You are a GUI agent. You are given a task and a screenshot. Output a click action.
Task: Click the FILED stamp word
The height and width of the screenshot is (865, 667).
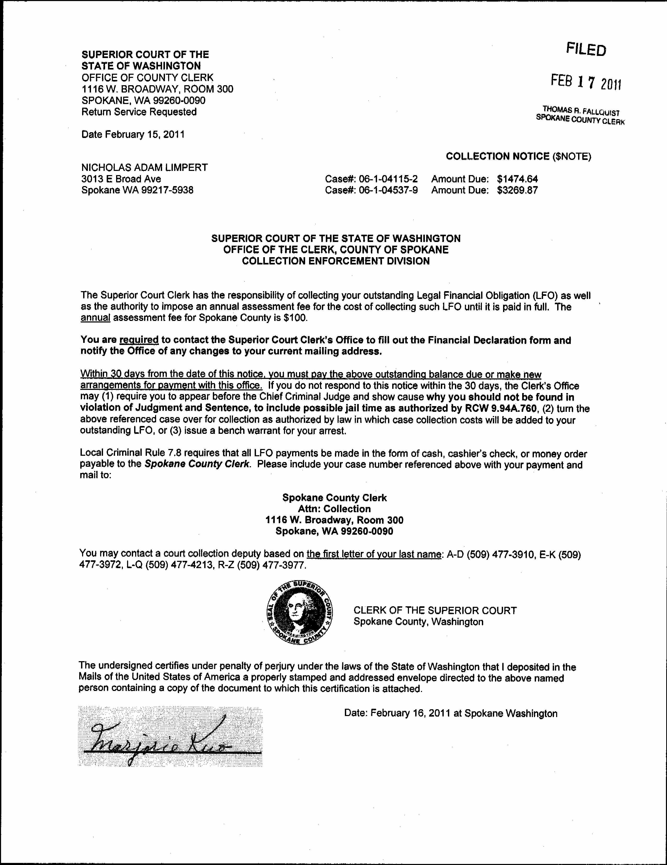pyautogui.click(x=586, y=49)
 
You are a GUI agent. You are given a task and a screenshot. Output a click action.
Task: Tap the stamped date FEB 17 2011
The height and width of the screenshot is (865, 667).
pyautogui.click(x=586, y=82)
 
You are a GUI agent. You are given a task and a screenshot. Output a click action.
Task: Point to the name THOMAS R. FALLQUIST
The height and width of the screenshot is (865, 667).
pyautogui.click(x=581, y=111)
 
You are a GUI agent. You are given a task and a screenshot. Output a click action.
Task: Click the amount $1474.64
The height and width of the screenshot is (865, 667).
pyautogui.click(x=517, y=179)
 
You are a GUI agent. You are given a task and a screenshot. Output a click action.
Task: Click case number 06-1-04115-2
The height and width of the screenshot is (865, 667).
pyautogui.click(x=388, y=179)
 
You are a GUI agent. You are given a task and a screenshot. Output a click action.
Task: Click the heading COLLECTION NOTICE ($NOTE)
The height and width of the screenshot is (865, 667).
pyautogui.click(x=518, y=157)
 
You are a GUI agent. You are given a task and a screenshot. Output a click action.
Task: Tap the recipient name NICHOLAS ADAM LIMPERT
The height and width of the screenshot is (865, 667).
pyautogui.click(x=144, y=168)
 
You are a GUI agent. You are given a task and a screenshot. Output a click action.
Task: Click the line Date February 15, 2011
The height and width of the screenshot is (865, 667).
pyautogui.click(x=133, y=134)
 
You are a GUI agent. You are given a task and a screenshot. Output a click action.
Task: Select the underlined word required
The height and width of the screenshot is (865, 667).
pyautogui.click(x=139, y=340)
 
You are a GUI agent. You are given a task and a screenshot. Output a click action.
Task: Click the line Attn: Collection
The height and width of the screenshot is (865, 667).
pyautogui.click(x=334, y=509)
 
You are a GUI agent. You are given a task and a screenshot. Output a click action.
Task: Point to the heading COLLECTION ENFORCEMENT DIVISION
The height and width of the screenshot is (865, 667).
pyautogui.click(x=336, y=261)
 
